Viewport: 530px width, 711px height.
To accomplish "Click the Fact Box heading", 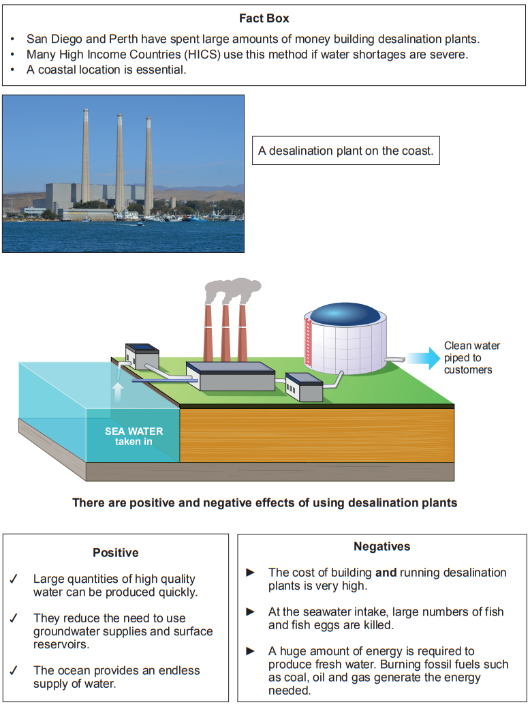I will tap(264, 18).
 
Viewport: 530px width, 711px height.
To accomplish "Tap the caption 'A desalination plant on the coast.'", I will tap(345, 151).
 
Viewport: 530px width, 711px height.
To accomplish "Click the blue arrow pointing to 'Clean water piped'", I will tap(423, 358).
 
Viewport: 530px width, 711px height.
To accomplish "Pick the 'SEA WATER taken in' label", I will tap(134, 436).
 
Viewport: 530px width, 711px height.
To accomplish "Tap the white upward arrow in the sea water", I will tap(117, 391).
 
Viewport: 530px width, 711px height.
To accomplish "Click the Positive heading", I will tap(116, 553).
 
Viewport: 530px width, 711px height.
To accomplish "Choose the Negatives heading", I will tap(382, 547).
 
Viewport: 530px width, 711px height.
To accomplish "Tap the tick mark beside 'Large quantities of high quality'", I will tap(14, 579).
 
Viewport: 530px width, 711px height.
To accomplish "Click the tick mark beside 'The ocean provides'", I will tap(14, 671).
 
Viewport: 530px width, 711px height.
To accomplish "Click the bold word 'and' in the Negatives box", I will tap(386, 573).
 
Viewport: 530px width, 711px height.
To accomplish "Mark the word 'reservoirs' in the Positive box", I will tap(61, 644).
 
